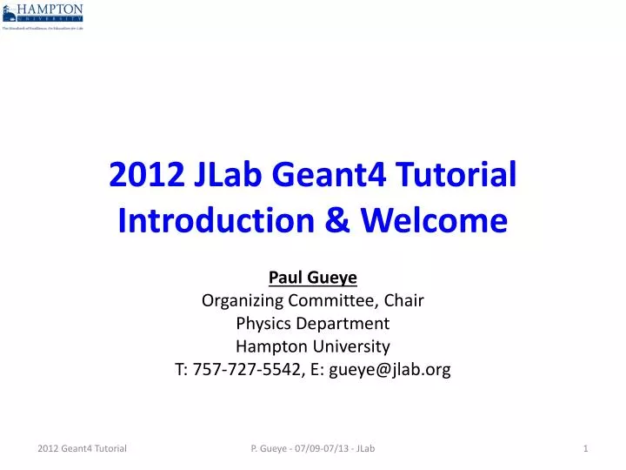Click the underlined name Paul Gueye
(x=313, y=278)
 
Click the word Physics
(x=262, y=324)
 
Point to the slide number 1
(x=587, y=448)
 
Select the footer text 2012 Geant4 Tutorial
(x=83, y=448)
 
